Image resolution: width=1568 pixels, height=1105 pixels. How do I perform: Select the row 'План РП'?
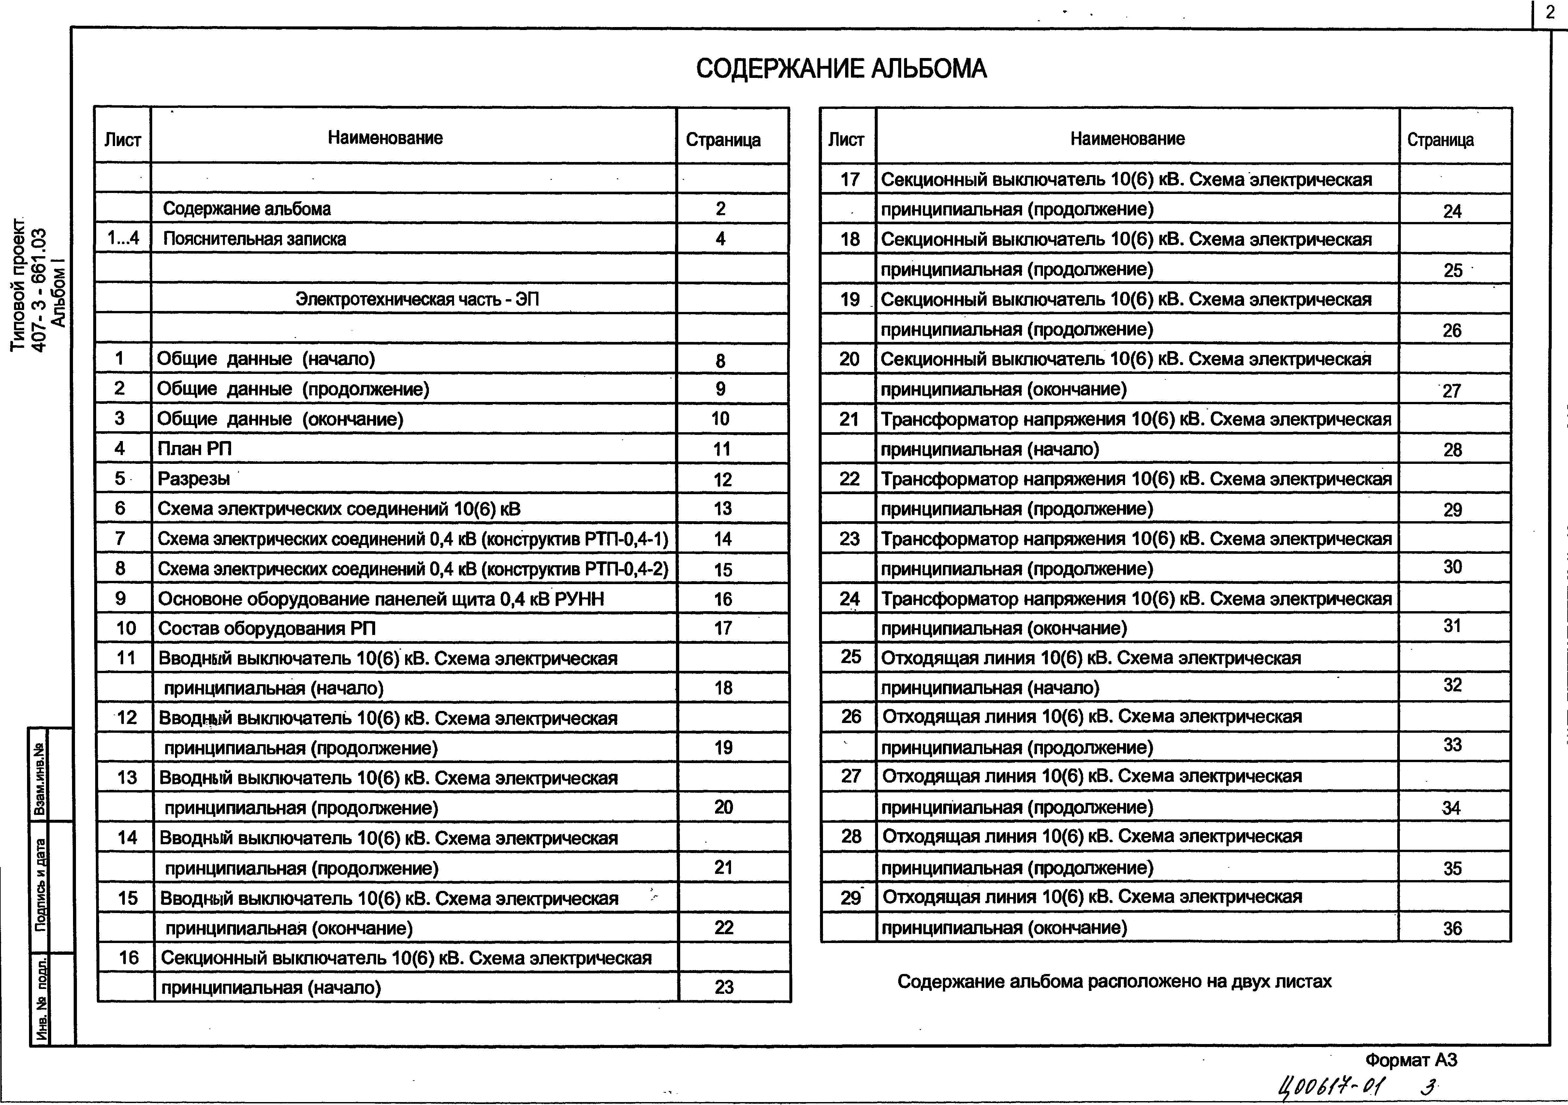point(195,449)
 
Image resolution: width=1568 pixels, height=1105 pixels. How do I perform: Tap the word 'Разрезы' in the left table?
point(194,479)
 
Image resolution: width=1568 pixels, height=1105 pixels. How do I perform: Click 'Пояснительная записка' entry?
point(254,239)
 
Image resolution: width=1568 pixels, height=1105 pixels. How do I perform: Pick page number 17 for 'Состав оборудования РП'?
point(723,628)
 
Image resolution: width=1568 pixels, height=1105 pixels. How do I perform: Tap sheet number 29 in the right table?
point(850,897)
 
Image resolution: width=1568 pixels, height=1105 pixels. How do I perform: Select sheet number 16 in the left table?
point(128,957)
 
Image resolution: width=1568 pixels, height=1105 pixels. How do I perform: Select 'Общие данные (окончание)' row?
point(280,419)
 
